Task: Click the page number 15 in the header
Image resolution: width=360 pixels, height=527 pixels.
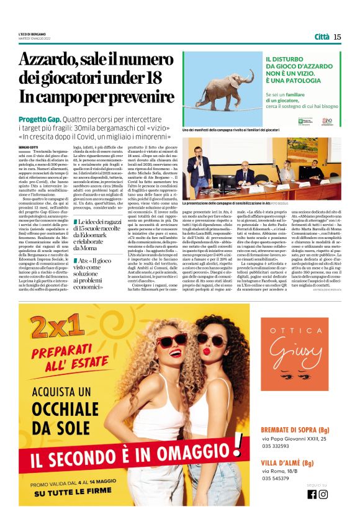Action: click(337, 37)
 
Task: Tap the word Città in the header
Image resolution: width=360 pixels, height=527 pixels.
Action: click(322, 37)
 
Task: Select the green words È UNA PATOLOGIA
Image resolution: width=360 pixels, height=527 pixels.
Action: click(289, 81)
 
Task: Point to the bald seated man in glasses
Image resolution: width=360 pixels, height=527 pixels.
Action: click(243, 175)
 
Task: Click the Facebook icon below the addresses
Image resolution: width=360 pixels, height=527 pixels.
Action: click(312, 494)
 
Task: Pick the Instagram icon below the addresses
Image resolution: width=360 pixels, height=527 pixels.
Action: click(323, 494)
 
